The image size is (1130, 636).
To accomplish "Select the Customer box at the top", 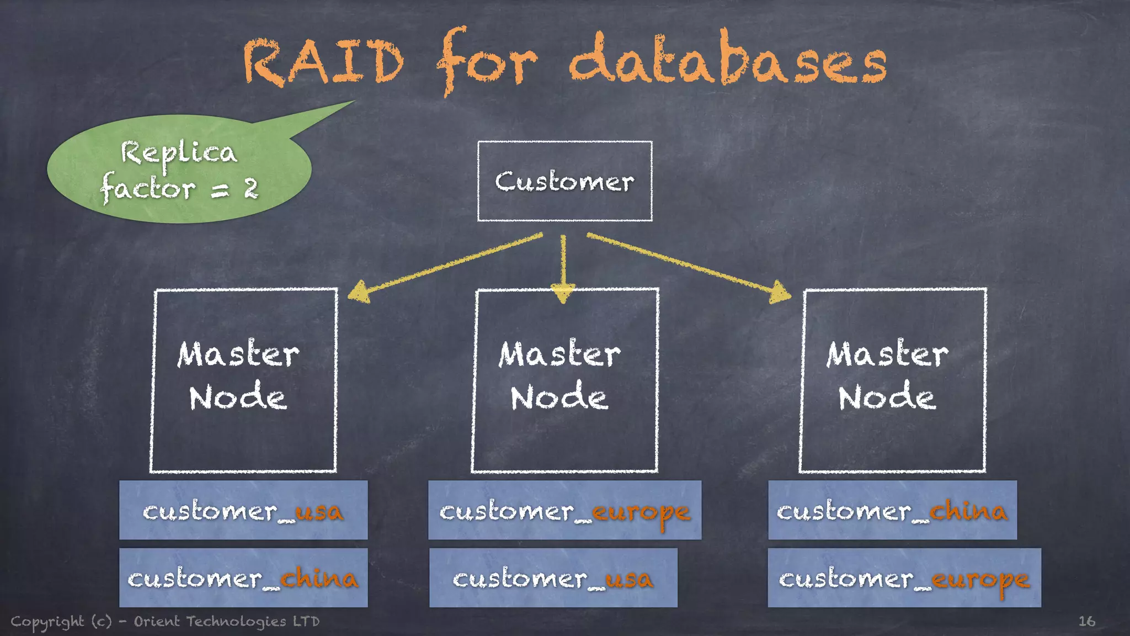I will [x=564, y=182].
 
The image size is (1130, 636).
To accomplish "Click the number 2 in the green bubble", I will [x=251, y=189].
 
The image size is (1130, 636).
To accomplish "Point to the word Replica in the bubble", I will [x=179, y=153].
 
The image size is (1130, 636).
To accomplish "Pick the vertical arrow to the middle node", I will [x=563, y=268].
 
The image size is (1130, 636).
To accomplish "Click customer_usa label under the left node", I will [x=243, y=510].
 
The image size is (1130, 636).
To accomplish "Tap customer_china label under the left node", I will [x=243, y=577].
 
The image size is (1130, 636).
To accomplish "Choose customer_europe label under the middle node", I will [x=564, y=510].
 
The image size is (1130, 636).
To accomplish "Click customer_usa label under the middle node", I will [x=553, y=577].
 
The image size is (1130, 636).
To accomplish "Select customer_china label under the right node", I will [x=892, y=510].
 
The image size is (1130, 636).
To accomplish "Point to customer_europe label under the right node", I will [x=904, y=577].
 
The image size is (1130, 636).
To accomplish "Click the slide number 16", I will [x=1086, y=621].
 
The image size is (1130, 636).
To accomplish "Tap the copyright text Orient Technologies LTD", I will [x=226, y=621].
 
